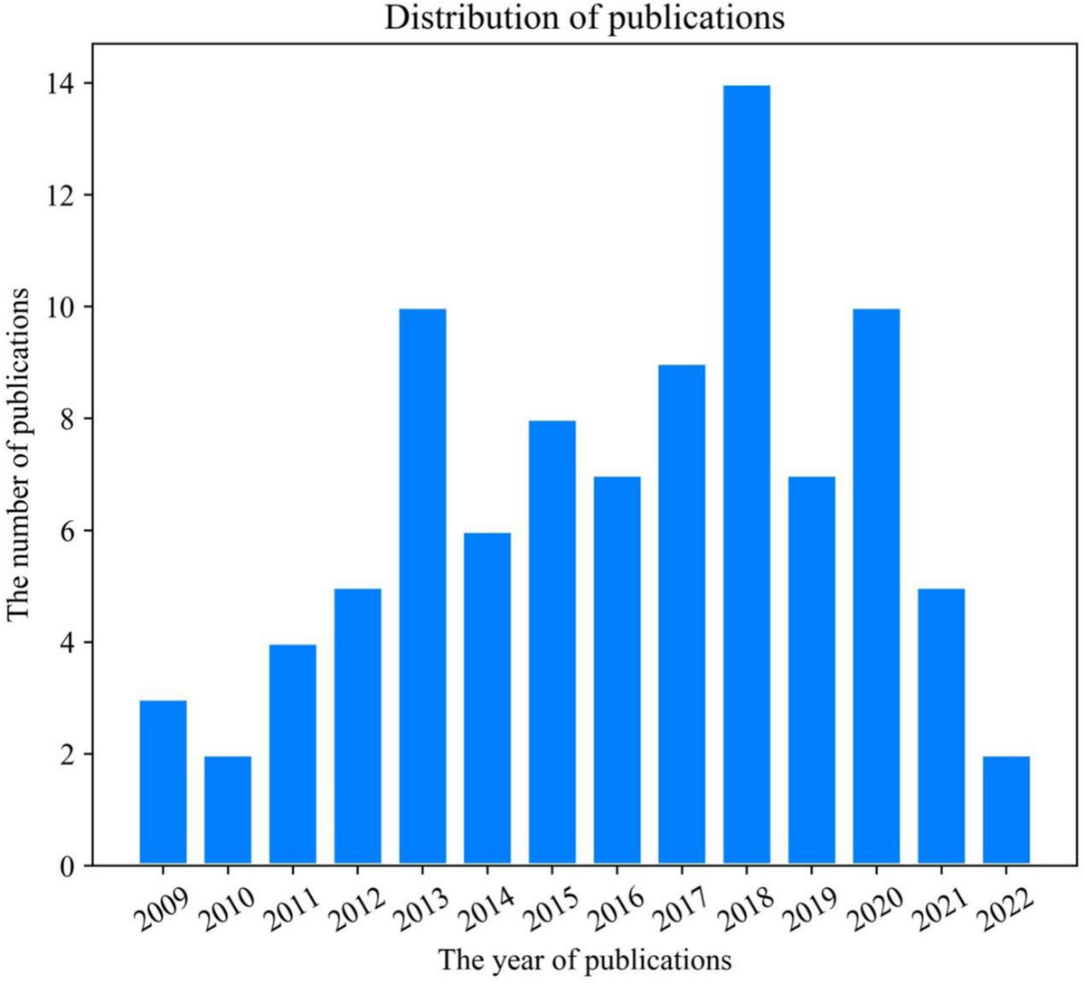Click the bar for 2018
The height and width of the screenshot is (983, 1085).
pos(747,475)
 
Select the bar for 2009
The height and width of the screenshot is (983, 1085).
pos(163,781)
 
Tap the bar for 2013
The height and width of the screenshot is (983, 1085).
pos(422,586)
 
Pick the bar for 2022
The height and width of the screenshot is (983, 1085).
pos(1006,810)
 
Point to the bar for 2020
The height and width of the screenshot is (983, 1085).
pos(876,586)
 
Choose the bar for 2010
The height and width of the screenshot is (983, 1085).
pos(228,810)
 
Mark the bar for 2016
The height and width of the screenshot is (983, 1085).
pos(618,670)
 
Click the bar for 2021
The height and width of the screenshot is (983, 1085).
pos(941,726)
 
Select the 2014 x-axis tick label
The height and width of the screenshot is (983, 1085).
pos(486,909)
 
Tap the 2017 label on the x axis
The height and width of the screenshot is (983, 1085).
pos(680,909)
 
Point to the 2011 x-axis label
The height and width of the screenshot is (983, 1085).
pos(290,909)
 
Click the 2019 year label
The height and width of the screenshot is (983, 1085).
pos(809,909)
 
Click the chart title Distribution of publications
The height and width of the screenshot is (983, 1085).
pos(585,19)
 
